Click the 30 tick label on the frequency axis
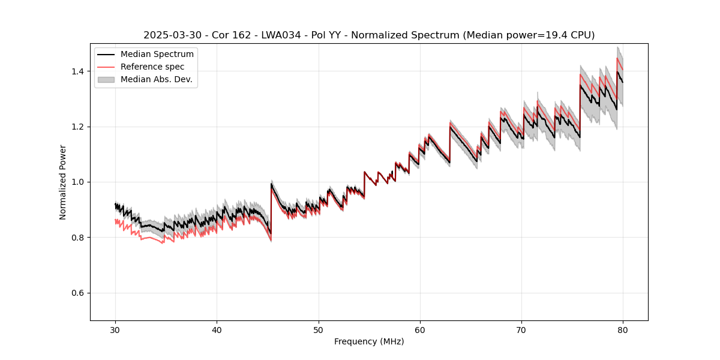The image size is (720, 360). [x=115, y=329]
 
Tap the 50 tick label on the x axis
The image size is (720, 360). [x=319, y=329]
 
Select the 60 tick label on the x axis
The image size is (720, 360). [x=420, y=329]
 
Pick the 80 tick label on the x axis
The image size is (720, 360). [x=623, y=329]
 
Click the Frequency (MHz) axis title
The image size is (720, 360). [x=369, y=341]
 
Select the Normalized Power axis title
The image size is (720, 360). [x=63, y=182]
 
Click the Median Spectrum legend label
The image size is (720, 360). [x=157, y=55]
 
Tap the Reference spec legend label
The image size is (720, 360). [x=152, y=67]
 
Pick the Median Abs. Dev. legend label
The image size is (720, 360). [x=157, y=79]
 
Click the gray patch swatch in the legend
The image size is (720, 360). [x=106, y=79]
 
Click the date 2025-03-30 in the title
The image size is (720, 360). [x=170, y=35]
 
